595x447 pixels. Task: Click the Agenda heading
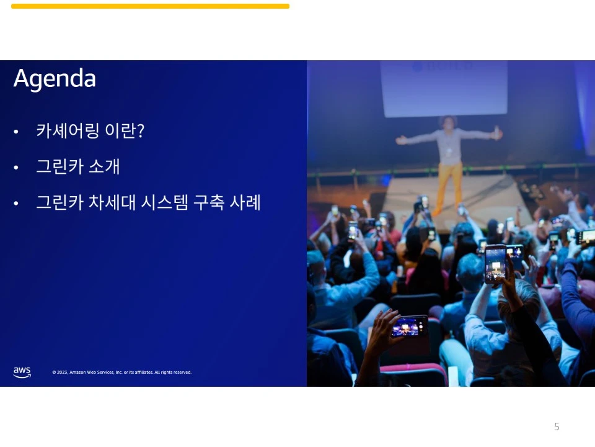[x=55, y=79]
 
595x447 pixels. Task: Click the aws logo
[x=22, y=372]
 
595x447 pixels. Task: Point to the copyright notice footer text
[x=122, y=372]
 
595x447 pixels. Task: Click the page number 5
[x=557, y=427]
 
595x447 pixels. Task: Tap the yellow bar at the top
[x=150, y=6]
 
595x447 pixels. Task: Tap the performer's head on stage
[x=448, y=121]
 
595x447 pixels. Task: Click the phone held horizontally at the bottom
[x=409, y=326]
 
